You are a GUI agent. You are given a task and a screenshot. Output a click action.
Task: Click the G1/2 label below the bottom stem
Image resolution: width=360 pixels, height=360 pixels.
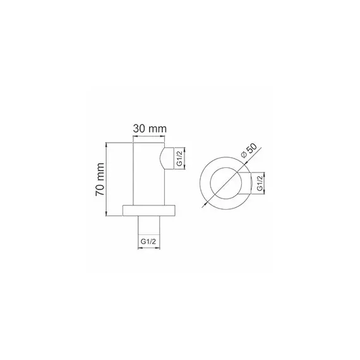tap(150, 240)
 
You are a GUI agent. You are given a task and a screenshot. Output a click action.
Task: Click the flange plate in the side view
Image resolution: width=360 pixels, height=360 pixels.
tap(150, 212)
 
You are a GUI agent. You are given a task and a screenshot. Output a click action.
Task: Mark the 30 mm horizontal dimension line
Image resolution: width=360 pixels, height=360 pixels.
tap(150, 138)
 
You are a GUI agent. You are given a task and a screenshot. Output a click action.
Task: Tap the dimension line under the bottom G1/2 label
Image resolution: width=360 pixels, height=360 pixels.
tap(150, 248)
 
